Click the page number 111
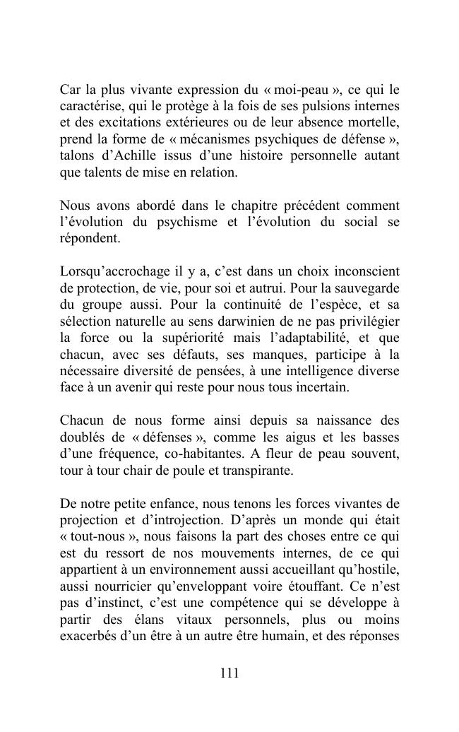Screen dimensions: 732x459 click(x=229, y=673)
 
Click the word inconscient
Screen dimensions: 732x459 click(x=366, y=272)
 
